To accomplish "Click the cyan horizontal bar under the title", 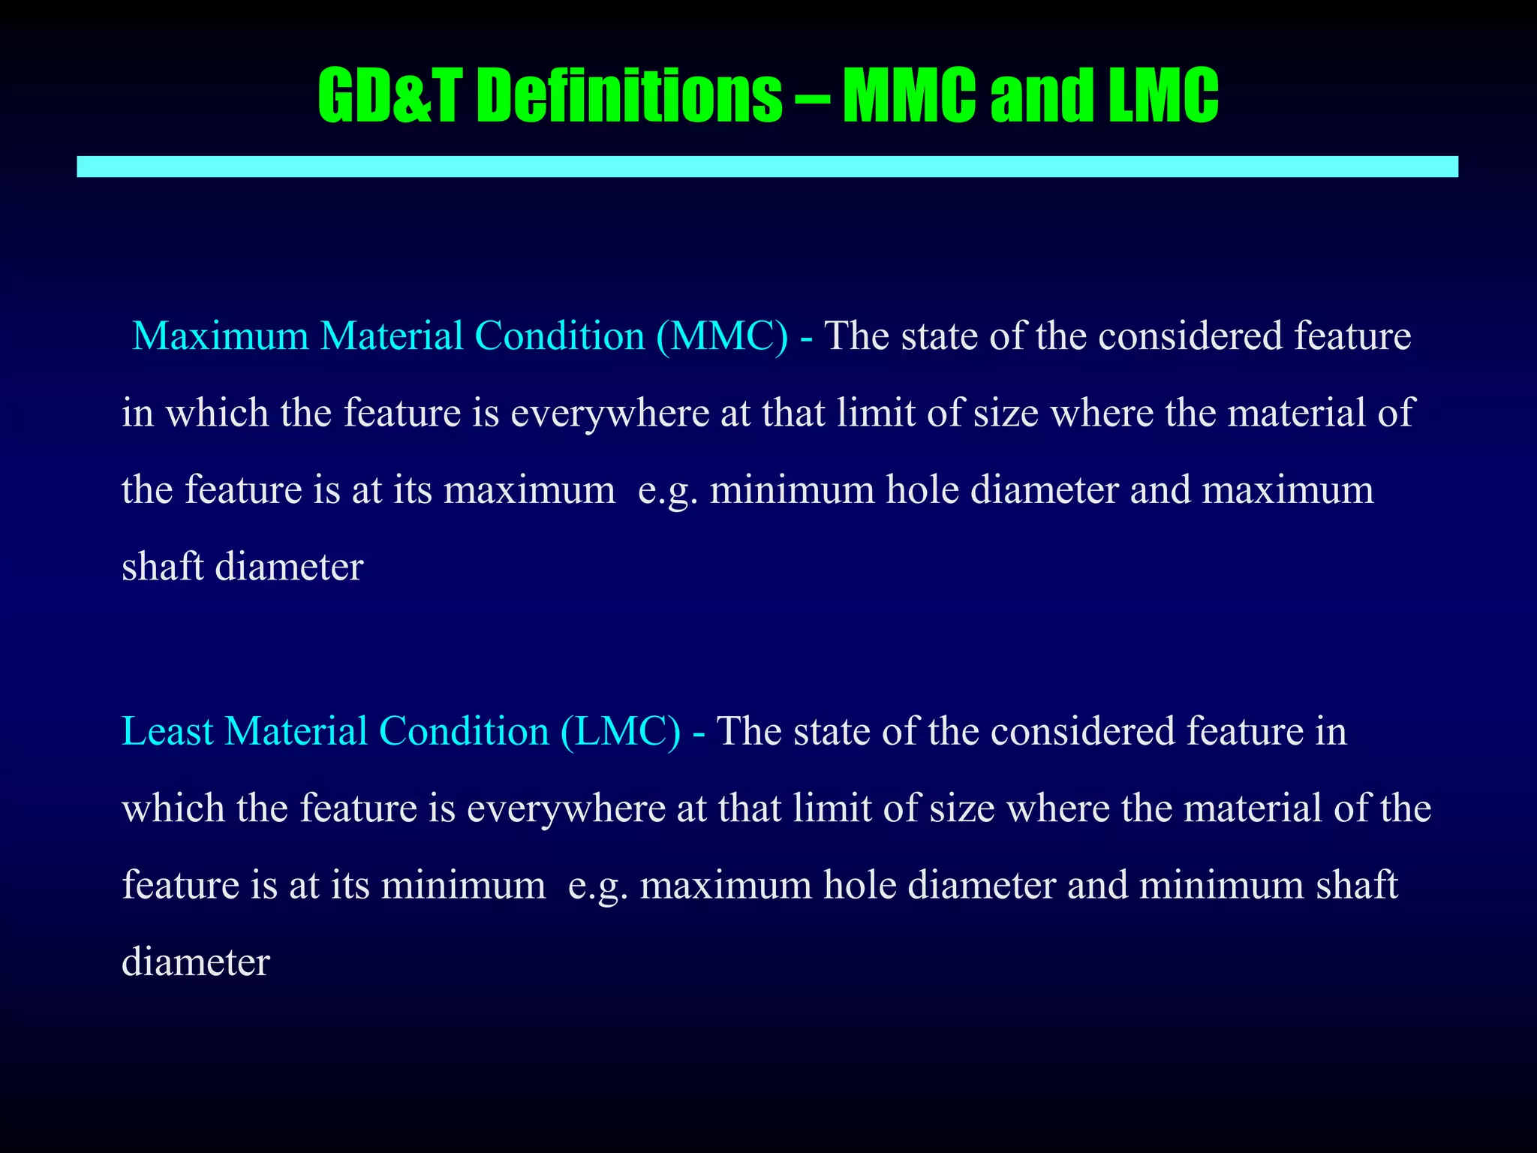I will (767, 167).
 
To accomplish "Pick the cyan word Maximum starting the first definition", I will (221, 336).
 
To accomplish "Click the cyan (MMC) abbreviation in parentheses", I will (722, 336).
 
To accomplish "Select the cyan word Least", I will (167, 731).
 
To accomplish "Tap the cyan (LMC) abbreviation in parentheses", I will (621, 731).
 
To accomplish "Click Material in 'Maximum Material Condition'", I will (392, 336).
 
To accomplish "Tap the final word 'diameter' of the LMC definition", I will (195, 962).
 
